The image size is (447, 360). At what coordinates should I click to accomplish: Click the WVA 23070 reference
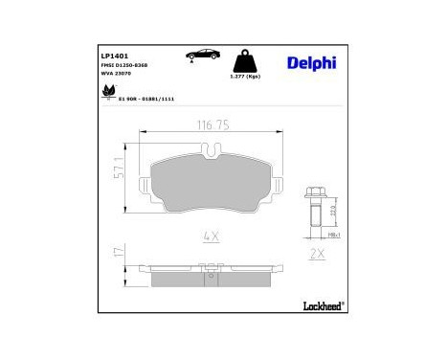click(115, 76)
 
